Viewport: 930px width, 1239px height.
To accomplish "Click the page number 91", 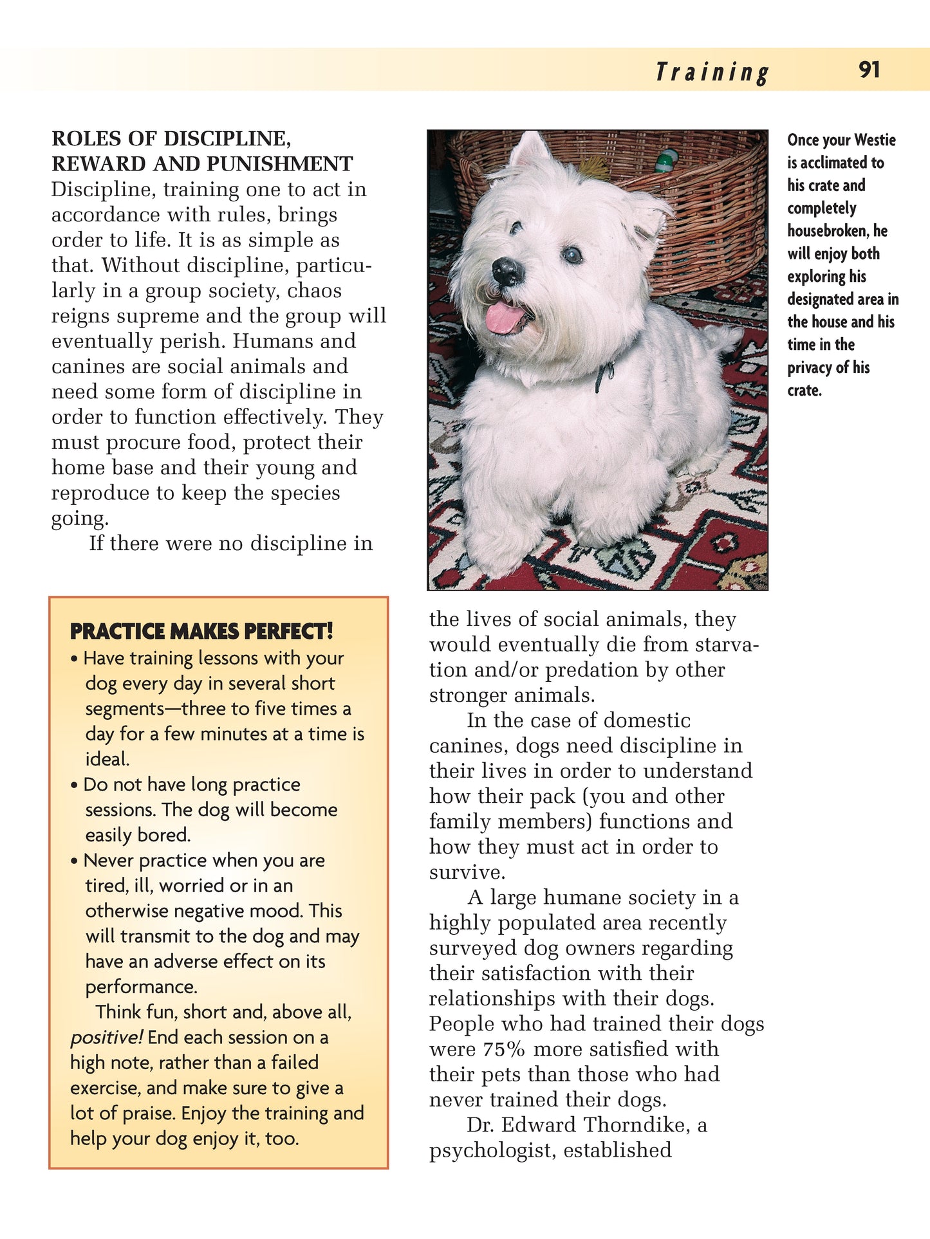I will (x=869, y=69).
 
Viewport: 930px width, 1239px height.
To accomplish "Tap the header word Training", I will (x=712, y=72).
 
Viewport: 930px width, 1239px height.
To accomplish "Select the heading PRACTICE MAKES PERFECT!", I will (x=201, y=631).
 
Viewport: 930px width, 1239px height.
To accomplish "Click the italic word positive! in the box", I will (x=106, y=1038).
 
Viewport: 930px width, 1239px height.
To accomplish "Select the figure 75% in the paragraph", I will (x=504, y=1049).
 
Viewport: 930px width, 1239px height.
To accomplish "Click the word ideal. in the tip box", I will (x=107, y=759).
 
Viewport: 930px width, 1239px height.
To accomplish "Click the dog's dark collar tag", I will (x=604, y=376).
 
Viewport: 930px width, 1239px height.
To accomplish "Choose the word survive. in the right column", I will (x=467, y=872).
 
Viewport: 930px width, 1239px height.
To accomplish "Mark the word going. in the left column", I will (x=80, y=519).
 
